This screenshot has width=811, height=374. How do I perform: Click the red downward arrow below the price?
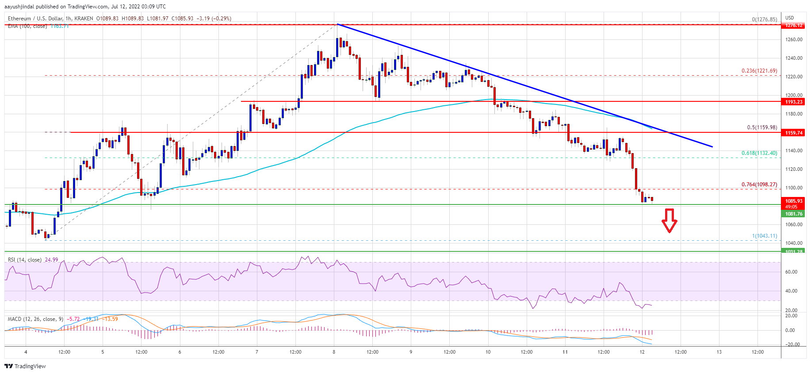(669, 220)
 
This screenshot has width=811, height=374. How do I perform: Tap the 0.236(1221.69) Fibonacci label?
(759, 71)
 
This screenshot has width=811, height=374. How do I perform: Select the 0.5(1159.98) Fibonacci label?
(761, 127)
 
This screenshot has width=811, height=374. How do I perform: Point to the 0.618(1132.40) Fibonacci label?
(759, 153)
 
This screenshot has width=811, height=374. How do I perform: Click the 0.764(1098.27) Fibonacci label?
(759, 185)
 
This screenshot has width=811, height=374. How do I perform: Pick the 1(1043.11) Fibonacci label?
(764, 236)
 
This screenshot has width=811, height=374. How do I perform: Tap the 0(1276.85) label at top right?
(764, 19)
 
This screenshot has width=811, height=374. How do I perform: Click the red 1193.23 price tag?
(793, 102)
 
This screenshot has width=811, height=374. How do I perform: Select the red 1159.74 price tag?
(793, 133)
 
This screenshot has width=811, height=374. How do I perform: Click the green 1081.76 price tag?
(793, 214)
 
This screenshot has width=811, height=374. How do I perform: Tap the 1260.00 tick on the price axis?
(793, 39)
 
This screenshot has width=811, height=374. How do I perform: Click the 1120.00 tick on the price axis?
(793, 169)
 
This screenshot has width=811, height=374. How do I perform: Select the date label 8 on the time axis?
(334, 352)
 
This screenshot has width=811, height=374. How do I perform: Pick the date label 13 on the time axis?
(719, 352)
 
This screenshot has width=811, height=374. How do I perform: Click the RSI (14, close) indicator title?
(25, 260)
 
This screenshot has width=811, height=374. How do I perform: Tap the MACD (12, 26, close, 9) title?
(35, 319)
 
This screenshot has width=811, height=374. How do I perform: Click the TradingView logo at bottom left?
(25, 366)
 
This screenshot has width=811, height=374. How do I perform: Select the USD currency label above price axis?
(789, 18)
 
